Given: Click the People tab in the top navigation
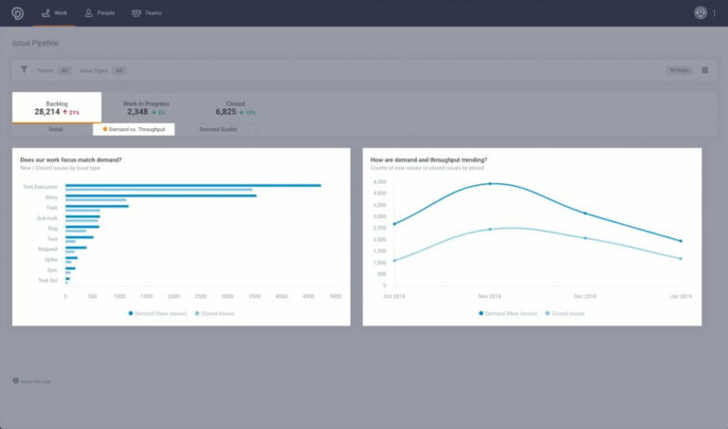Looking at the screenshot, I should (x=100, y=13).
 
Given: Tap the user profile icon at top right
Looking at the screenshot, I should (x=701, y=13).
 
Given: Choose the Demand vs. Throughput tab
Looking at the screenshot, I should (x=134, y=129).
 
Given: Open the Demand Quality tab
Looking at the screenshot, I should (x=218, y=129).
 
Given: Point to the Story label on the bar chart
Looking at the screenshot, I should (x=51, y=197).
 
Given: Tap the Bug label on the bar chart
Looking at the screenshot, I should (x=53, y=228).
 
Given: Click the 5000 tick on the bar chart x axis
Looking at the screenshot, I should (x=336, y=296).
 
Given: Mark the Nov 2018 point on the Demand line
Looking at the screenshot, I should (x=490, y=184).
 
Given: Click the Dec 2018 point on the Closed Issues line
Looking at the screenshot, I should (x=585, y=238).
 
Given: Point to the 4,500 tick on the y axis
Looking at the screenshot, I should (x=378, y=182).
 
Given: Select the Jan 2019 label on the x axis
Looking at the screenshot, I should (x=680, y=296).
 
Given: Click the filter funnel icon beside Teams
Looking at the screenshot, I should (x=24, y=70).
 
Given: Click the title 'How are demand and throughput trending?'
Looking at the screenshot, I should (x=428, y=159).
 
